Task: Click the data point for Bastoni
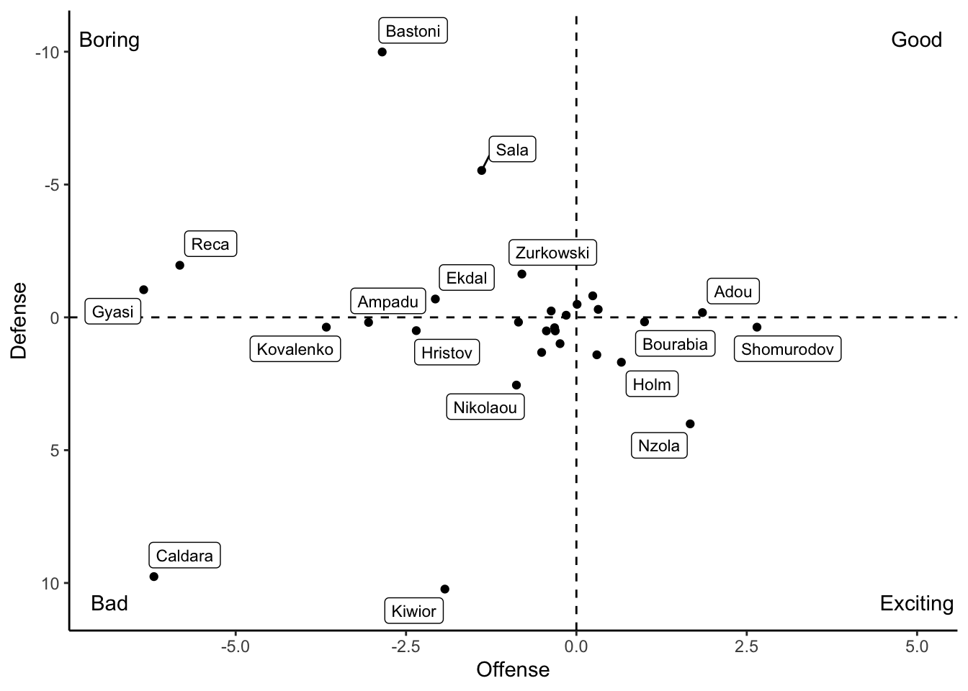(382, 52)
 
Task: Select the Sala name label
(512, 150)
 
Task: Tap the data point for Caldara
(153, 577)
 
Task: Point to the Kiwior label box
(413, 611)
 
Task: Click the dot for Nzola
(690, 424)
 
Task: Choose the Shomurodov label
(787, 350)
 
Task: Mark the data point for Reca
(179, 265)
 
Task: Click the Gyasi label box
(113, 312)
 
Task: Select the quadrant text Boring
(109, 40)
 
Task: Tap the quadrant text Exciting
(916, 603)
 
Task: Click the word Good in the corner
(916, 40)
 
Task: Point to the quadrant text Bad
(109, 603)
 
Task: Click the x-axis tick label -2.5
(405, 646)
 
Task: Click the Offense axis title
(513, 670)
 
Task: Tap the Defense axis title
(19, 320)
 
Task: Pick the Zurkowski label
(552, 253)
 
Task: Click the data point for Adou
(702, 312)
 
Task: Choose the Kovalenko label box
(295, 350)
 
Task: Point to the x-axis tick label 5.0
(917, 646)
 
